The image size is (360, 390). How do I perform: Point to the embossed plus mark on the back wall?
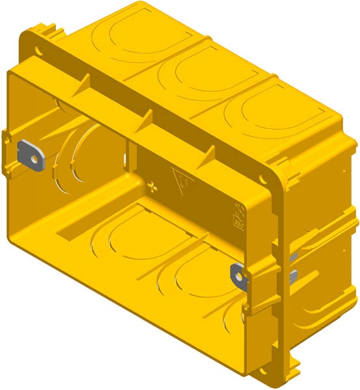pyautogui.click(x=153, y=188)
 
